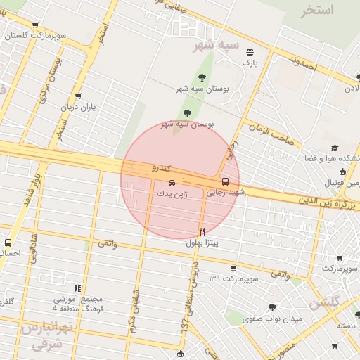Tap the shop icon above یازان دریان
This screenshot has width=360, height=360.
(77, 96)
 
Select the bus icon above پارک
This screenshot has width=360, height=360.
(250, 51)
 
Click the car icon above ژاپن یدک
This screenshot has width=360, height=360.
(164, 183)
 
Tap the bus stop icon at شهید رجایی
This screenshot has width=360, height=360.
(225, 181)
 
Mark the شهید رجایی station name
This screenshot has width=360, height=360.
(230, 191)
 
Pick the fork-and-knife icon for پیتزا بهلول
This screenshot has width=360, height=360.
(202, 231)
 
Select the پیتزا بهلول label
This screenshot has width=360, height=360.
(202, 243)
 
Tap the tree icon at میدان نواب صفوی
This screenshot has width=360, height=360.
(272, 307)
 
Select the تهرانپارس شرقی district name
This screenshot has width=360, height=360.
(46, 336)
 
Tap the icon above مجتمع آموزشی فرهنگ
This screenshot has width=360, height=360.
(77, 288)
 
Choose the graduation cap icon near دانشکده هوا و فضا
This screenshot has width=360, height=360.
(335, 148)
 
